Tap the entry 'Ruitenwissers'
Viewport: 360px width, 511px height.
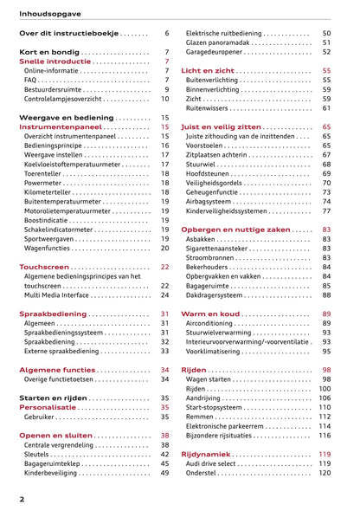[x=210, y=108]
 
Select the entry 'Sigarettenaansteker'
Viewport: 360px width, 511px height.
[x=223, y=248]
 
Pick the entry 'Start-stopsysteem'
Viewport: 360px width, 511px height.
[x=218, y=407]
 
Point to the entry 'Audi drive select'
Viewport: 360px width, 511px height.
[x=217, y=463]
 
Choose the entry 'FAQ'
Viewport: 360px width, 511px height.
[x=32, y=80]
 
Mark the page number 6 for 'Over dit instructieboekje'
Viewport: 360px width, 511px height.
[x=166, y=33]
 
